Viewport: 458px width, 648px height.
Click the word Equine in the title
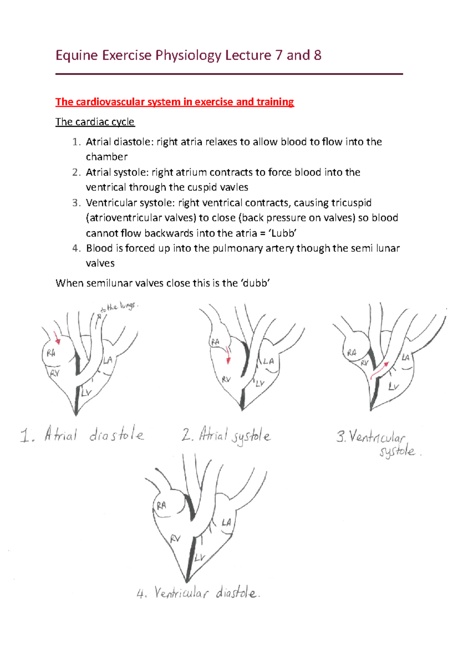tap(77, 56)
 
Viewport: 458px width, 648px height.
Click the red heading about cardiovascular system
tap(174, 102)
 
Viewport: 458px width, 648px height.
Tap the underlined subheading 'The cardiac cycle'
tap(95, 122)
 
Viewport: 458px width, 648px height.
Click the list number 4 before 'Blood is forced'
tap(76, 248)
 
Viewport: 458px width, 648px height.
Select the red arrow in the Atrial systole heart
tap(228, 355)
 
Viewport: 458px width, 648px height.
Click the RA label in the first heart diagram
tap(51, 353)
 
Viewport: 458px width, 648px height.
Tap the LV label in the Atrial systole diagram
tap(260, 383)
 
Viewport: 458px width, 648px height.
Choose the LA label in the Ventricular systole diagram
tap(405, 358)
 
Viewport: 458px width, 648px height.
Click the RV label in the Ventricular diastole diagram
tap(175, 538)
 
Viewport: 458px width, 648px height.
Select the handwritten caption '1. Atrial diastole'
tap(82, 435)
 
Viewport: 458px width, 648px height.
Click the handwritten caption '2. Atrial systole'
tap(226, 436)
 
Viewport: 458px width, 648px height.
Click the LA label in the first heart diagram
tap(108, 360)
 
